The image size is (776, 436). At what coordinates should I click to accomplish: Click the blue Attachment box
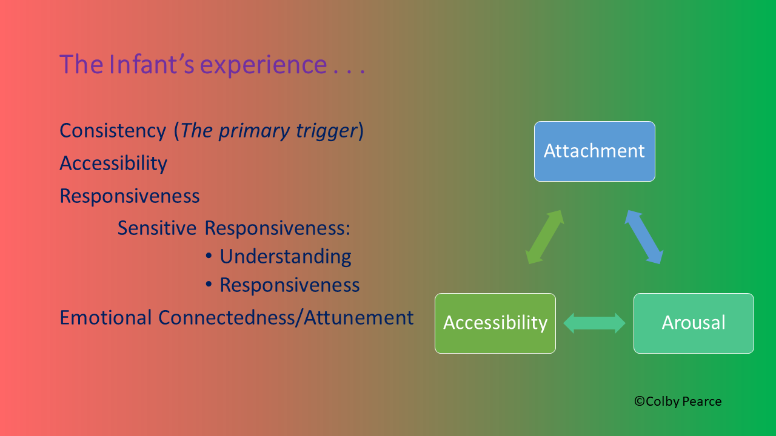[x=594, y=151]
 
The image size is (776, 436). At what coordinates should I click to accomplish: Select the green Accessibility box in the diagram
[x=495, y=323]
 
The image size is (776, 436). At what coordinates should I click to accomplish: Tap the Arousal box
[x=694, y=323]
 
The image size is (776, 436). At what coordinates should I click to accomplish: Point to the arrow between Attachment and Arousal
[x=643, y=237]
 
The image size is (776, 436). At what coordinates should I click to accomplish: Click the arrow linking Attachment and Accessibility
[x=544, y=237]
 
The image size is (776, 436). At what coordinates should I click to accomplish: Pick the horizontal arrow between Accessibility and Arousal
[x=594, y=323]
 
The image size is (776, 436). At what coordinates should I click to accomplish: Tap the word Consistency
[x=113, y=130]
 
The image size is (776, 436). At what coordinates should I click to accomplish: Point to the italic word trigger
[x=327, y=130]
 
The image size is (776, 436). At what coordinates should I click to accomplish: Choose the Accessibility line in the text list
[x=113, y=163]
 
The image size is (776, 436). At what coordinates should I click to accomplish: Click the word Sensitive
[x=157, y=228]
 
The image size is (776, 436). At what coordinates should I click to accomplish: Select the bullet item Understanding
[x=285, y=256]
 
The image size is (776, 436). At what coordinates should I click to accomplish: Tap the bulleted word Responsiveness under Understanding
[x=289, y=285]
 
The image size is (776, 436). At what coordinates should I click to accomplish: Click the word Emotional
[x=105, y=317]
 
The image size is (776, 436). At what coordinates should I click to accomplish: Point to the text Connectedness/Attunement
[x=286, y=317]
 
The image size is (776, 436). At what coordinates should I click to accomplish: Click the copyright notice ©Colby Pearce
[x=678, y=401]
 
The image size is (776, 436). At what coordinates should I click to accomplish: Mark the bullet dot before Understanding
[x=209, y=257]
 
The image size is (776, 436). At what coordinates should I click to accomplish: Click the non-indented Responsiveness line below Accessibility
[x=130, y=196]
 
